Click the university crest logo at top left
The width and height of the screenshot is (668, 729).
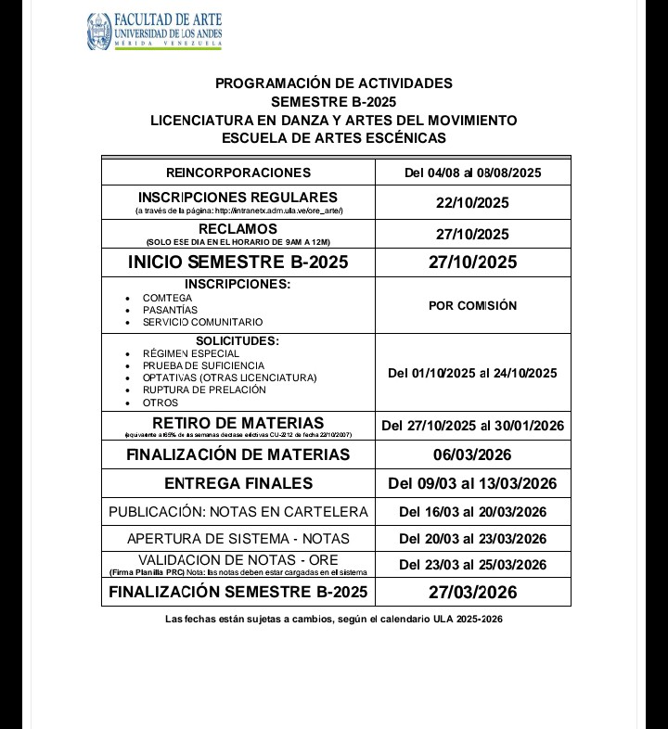pos(98,32)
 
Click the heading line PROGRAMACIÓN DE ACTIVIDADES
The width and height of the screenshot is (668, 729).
pos(334,83)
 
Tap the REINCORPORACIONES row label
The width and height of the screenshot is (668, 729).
pos(238,173)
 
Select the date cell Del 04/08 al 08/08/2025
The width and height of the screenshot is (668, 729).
pos(472,173)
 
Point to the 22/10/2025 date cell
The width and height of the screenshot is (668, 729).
pos(472,203)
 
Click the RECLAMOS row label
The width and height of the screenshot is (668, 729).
pos(238,229)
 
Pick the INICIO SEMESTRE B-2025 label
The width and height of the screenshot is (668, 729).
pos(238,262)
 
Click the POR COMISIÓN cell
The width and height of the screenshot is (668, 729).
pos(472,305)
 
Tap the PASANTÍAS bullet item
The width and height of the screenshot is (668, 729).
pos(170,310)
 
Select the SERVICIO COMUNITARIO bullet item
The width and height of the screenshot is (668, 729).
pos(202,322)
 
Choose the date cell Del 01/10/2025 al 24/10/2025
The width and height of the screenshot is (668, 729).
pos(472,373)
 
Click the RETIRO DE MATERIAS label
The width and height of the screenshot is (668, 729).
pos(238,423)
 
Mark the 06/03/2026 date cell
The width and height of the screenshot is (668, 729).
pos(472,454)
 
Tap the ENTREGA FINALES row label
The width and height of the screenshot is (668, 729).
pos(238,483)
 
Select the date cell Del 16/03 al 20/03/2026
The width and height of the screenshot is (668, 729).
pos(472,512)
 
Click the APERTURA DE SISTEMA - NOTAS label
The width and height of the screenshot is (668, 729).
pos(238,539)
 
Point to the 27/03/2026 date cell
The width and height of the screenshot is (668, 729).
pos(472,593)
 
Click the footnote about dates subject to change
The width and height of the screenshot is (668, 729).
pos(334,619)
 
